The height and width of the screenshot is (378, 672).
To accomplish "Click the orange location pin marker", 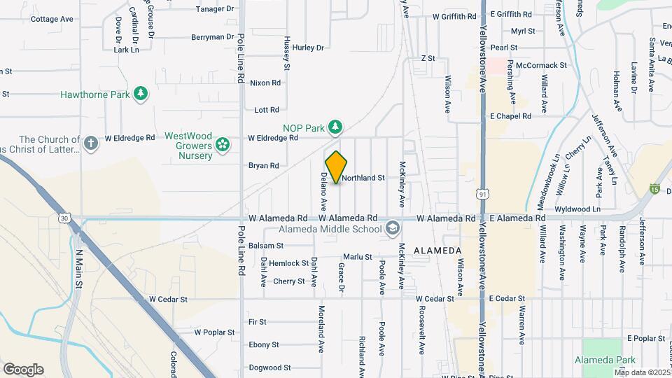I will [x=337, y=167].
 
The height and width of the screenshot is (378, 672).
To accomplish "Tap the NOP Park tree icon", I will [x=337, y=127].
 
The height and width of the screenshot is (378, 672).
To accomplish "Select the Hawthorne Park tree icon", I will [x=141, y=94].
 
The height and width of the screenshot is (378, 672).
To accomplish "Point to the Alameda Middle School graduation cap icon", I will [x=393, y=228].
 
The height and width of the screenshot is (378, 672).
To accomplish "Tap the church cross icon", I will [x=90, y=143].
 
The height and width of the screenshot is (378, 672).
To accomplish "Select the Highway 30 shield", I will [x=65, y=218].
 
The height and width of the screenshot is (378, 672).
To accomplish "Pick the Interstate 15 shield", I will [x=654, y=188].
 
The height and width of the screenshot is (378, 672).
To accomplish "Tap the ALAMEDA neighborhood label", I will [x=437, y=251].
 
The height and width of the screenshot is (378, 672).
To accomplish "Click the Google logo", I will [x=23, y=369].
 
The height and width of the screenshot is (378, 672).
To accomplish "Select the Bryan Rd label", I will [x=264, y=166].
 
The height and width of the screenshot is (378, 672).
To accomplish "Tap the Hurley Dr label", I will [x=309, y=48].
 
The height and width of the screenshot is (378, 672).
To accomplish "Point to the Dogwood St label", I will [x=269, y=367].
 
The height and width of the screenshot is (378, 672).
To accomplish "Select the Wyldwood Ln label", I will [x=577, y=209].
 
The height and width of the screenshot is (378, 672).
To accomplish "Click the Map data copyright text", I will [x=642, y=372].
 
